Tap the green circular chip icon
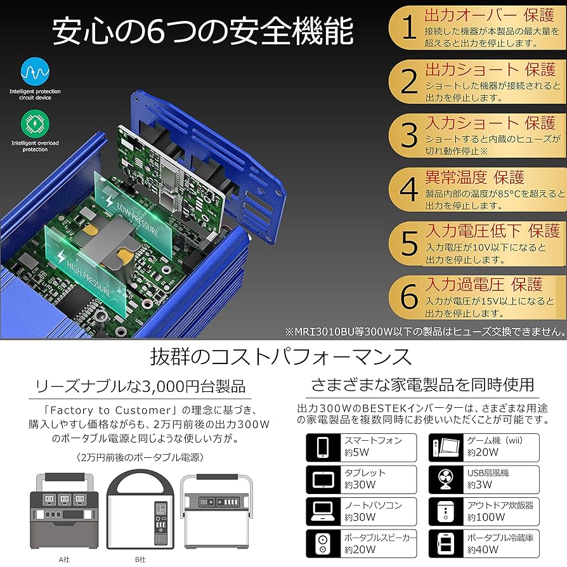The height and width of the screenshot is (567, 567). [x=35, y=123]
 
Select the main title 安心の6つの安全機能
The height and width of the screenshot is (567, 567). [x=202, y=31]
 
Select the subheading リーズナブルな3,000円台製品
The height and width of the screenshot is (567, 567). [x=141, y=386]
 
